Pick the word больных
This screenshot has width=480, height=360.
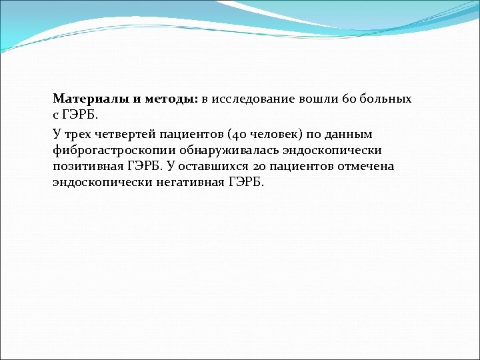tap(385, 99)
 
